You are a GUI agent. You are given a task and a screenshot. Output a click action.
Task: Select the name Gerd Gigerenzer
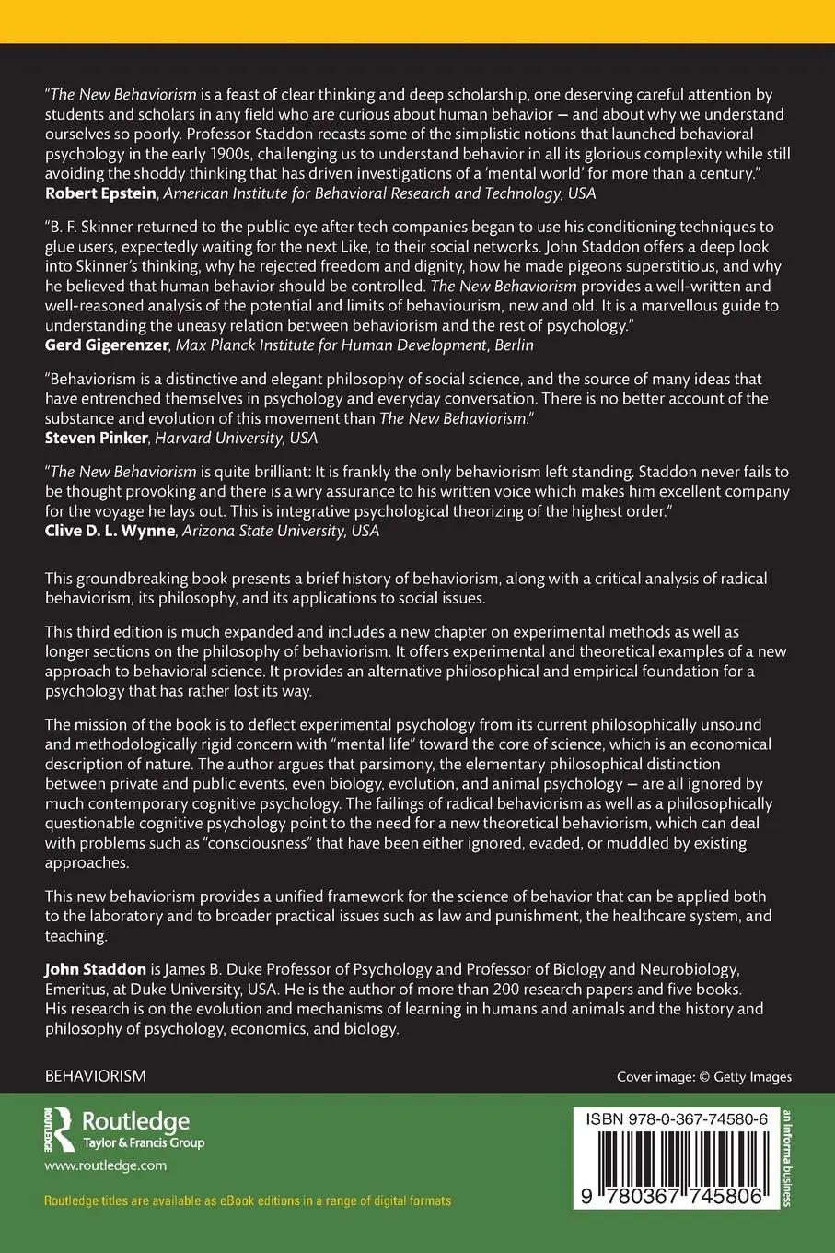104,345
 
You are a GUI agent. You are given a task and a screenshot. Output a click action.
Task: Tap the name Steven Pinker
90,438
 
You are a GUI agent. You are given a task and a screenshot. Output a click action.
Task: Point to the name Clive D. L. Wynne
110,531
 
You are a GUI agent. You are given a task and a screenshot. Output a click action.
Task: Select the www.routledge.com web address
105,1165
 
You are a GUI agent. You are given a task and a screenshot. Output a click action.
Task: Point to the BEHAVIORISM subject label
96,1076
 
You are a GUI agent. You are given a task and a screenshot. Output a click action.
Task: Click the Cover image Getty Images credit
703,1076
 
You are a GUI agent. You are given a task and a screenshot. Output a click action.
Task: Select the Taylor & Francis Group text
144,1143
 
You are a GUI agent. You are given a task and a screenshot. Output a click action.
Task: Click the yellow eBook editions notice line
248,1201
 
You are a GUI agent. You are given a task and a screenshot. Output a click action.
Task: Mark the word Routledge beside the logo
136,1121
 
